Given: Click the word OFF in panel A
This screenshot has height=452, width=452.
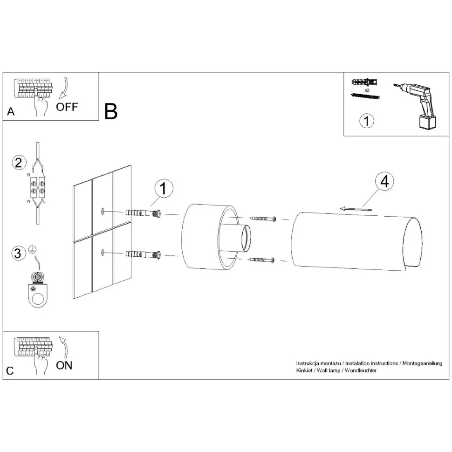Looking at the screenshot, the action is coord(67,107).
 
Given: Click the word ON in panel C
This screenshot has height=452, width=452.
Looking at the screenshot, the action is coord(64,365).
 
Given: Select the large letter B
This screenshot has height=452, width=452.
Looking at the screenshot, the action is coord(111,111).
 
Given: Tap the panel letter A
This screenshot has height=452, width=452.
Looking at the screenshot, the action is coord(11,111).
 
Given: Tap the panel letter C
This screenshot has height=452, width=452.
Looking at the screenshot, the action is coord(10,371).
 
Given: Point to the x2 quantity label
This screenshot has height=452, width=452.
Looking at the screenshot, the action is coord(367,90).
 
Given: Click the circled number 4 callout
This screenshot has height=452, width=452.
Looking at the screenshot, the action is coord(384,182).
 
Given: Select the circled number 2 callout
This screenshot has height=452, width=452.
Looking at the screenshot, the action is coord(19,163).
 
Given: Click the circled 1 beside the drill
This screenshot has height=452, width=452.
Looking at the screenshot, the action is coord(367,121).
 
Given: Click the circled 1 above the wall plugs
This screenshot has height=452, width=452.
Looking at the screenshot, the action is coord(164,189).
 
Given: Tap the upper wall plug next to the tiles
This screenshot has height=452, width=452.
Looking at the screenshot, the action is coord(143,213).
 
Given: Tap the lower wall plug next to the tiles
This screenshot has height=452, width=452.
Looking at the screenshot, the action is coord(143,254).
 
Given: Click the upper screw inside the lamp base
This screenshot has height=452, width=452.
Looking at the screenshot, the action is coord(263,219).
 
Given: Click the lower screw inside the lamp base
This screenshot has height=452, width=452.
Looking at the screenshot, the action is coord(261,260).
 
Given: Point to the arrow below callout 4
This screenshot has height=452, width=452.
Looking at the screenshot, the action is coord(356,209).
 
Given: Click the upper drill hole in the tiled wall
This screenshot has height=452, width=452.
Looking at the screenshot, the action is coord(103,211).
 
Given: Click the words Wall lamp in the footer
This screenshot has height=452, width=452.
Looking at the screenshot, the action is coord(329,370).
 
